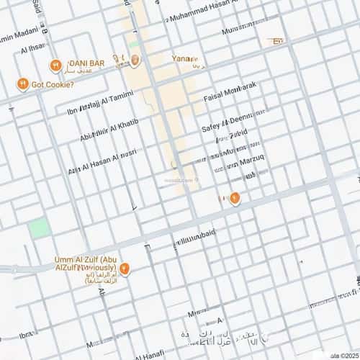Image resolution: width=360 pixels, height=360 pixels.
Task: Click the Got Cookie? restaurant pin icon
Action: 23,84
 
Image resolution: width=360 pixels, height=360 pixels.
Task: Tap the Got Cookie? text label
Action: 53,85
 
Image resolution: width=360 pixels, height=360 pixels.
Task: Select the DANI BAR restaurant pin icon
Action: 55,66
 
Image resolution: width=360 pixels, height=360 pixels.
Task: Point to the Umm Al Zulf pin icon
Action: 125,269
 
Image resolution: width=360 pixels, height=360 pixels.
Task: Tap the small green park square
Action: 39,228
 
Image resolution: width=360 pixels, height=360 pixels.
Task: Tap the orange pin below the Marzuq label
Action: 235,199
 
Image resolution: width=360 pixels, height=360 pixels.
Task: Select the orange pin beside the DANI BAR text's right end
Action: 135,60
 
